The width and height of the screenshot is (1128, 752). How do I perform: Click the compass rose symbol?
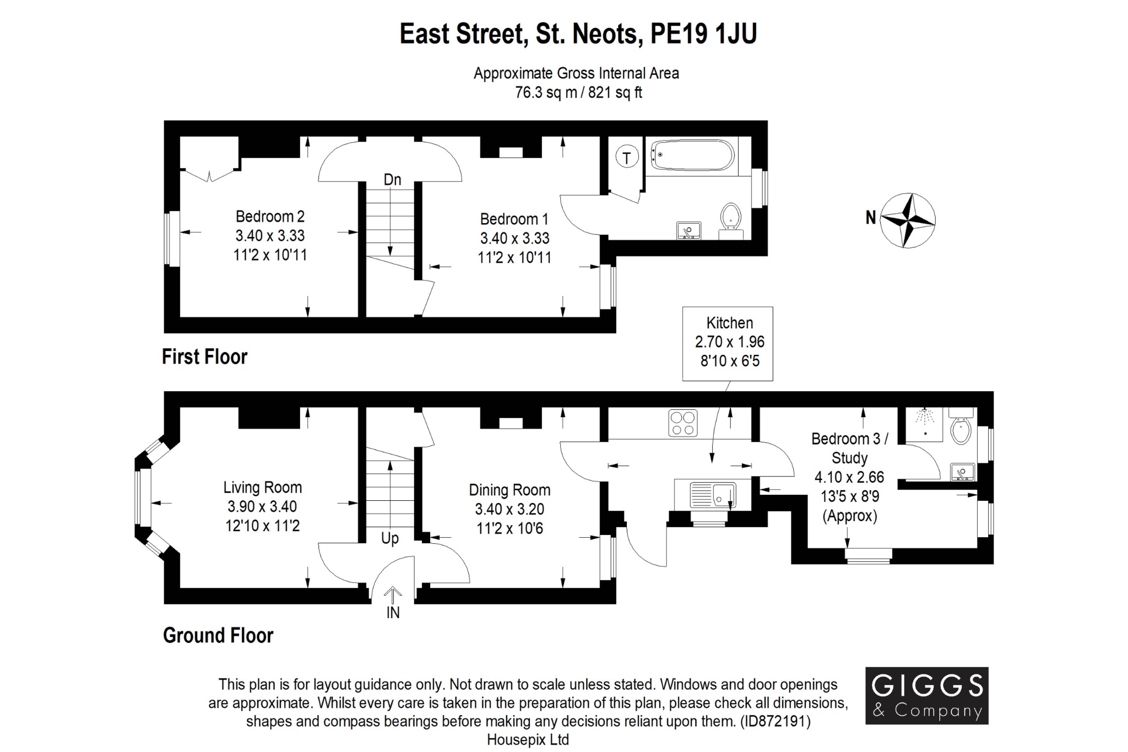pyautogui.click(x=907, y=220)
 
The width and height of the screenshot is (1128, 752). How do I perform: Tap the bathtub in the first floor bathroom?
pyautogui.click(x=693, y=155)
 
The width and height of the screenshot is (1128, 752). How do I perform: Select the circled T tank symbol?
pyautogui.click(x=626, y=157)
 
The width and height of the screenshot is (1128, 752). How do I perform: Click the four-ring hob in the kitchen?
pyautogui.click(x=683, y=423)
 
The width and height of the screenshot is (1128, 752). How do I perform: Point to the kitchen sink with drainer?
pyautogui.click(x=713, y=494)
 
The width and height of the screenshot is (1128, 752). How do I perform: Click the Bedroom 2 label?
pyautogui.click(x=270, y=216)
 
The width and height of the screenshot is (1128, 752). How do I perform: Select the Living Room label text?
pyautogui.click(x=263, y=487)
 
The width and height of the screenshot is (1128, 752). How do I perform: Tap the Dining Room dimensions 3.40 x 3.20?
pyautogui.click(x=509, y=509)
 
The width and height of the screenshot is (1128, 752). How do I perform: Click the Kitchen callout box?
pyautogui.click(x=728, y=343)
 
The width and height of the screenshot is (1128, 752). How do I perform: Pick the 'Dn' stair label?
pyautogui.click(x=392, y=180)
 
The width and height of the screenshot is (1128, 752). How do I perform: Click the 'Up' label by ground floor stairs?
pyautogui.click(x=390, y=538)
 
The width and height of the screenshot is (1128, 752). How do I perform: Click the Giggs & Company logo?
pyautogui.click(x=926, y=695)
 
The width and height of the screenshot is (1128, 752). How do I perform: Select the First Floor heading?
pyautogui.click(x=204, y=357)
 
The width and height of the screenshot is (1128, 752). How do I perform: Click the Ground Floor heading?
pyautogui.click(x=218, y=635)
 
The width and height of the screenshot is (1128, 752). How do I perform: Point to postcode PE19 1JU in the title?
pyautogui.click(x=703, y=34)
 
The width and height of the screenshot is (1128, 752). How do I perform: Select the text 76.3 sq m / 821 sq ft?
pyautogui.click(x=578, y=93)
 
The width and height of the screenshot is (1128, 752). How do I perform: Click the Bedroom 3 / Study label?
pyautogui.click(x=850, y=448)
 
